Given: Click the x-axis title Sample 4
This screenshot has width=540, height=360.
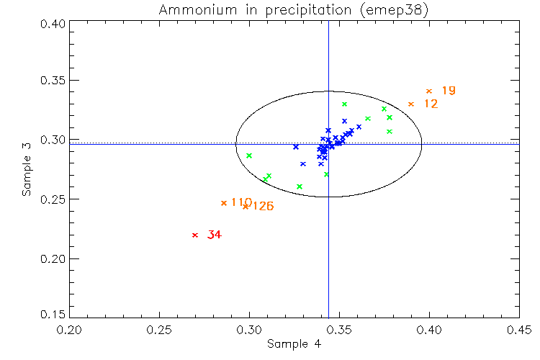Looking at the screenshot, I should [x=294, y=344].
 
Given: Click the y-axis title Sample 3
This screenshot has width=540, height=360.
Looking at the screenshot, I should [x=26, y=170].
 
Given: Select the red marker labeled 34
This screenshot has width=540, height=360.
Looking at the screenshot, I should [x=195, y=235].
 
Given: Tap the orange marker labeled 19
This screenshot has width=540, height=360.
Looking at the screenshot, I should [x=429, y=91].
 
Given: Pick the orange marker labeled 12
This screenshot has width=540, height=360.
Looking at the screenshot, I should [x=411, y=104].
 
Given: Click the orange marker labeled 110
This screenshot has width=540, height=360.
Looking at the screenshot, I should [x=224, y=203].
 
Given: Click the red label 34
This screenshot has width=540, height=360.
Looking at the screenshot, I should [x=214, y=235].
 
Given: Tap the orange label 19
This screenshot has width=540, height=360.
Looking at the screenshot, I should [x=449, y=91].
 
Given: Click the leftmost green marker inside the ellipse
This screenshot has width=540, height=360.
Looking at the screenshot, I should [x=249, y=156].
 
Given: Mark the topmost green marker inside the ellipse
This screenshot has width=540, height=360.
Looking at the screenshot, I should [x=345, y=104].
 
